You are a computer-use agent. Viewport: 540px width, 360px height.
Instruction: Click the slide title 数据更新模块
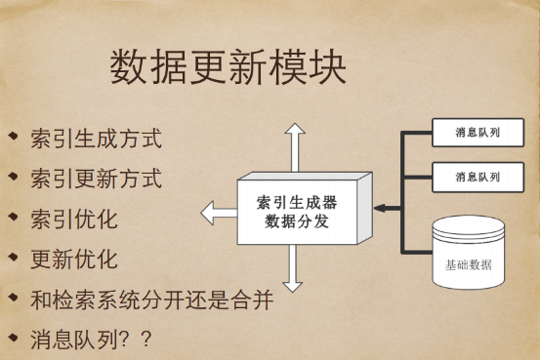[227, 67]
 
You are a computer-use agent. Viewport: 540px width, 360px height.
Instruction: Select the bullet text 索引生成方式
[96, 138]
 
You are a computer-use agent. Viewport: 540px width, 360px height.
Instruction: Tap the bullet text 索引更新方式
[96, 179]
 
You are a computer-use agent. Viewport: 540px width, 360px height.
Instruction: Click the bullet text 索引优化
[74, 219]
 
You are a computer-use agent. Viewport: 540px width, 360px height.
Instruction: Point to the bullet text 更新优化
[74, 259]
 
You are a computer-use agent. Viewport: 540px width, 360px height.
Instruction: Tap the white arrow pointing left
[217, 211]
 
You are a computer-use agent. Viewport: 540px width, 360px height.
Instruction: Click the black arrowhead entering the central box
[380, 208]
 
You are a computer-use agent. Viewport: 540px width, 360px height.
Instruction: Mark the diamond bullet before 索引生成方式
[13, 136]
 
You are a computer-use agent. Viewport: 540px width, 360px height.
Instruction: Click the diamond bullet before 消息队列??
[13, 337]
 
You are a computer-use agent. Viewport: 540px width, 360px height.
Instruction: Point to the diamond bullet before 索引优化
[13, 217]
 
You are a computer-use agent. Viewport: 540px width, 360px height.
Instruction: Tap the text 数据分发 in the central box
[297, 221]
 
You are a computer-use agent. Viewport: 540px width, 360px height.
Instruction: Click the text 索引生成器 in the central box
[297, 202]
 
